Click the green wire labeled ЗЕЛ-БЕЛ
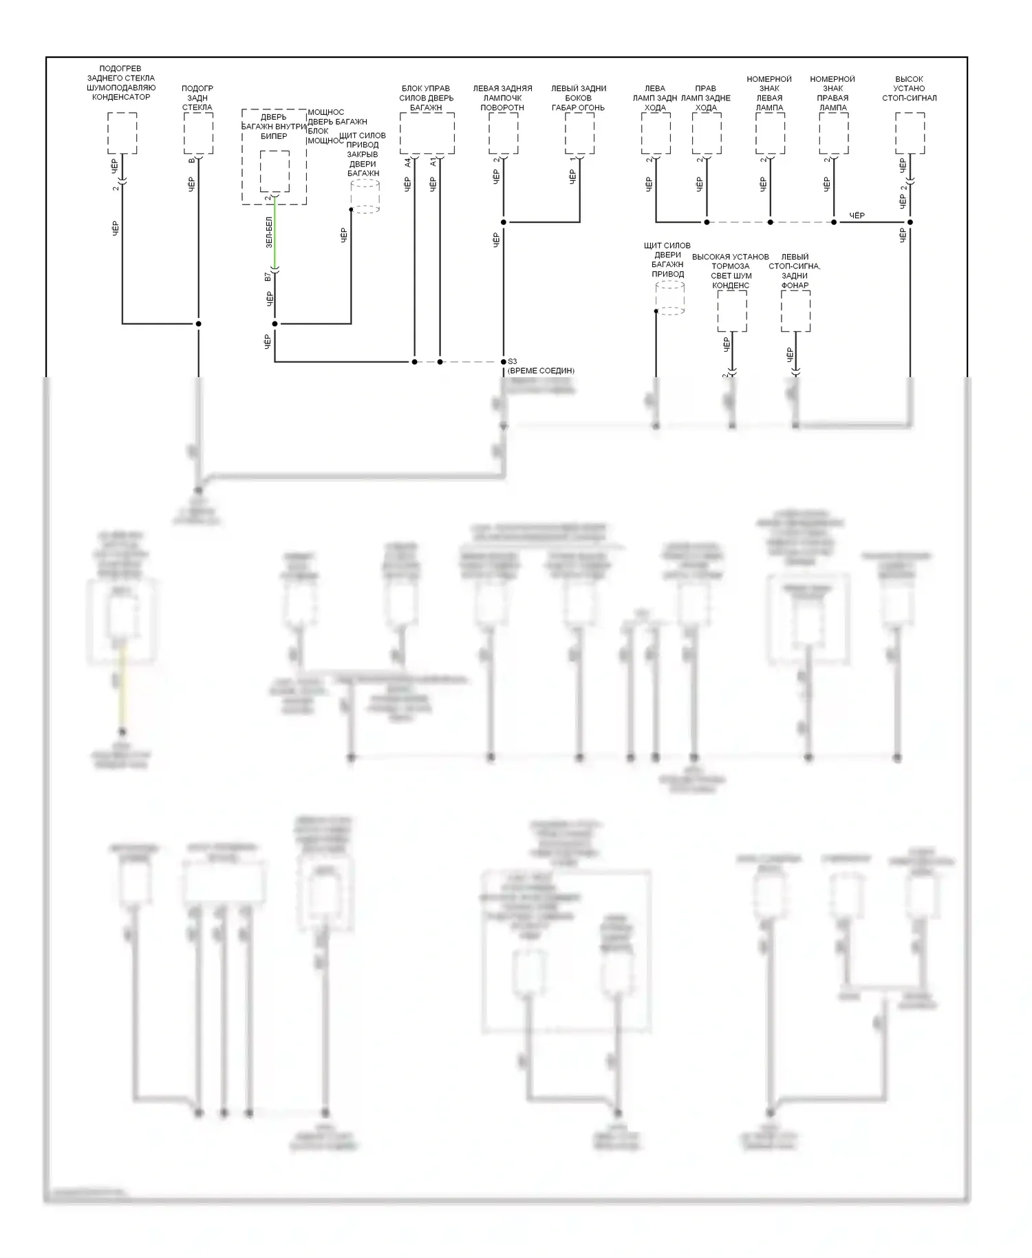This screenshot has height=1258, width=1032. tap(275, 234)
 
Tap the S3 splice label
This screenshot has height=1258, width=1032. tap(513, 361)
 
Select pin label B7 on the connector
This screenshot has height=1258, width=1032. tap(268, 277)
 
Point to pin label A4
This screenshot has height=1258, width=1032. tap(407, 162)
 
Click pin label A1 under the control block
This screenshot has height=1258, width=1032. tap(433, 162)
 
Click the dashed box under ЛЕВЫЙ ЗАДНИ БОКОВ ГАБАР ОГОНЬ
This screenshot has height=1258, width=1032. tap(579, 134)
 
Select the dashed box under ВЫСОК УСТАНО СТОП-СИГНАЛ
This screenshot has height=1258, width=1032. tap(910, 134)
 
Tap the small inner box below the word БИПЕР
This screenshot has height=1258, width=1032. tap(275, 171)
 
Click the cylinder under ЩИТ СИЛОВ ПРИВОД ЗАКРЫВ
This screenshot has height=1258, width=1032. tap(365, 195)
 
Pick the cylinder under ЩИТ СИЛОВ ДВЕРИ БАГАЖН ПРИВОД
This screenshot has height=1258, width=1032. tap(669, 298)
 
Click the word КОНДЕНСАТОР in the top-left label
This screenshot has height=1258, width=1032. tap(121, 97)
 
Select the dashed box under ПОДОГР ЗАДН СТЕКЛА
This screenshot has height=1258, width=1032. tap(198, 134)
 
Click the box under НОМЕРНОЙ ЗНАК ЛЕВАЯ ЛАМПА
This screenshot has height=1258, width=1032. tap(770, 134)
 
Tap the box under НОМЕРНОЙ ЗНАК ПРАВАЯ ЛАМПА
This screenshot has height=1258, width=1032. tap(833, 134)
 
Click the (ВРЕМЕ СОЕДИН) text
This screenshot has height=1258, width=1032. tap(541, 371)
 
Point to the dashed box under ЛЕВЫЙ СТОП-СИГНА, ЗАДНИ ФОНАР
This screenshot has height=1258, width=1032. tap(795, 311)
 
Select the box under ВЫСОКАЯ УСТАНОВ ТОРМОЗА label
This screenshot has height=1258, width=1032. tap(732, 311)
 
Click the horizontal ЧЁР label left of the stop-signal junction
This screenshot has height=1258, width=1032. tap(857, 216)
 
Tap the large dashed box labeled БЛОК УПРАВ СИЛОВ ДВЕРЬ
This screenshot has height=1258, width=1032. tap(427, 134)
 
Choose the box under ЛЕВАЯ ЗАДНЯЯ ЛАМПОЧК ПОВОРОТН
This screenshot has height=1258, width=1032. tap(503, 134)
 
